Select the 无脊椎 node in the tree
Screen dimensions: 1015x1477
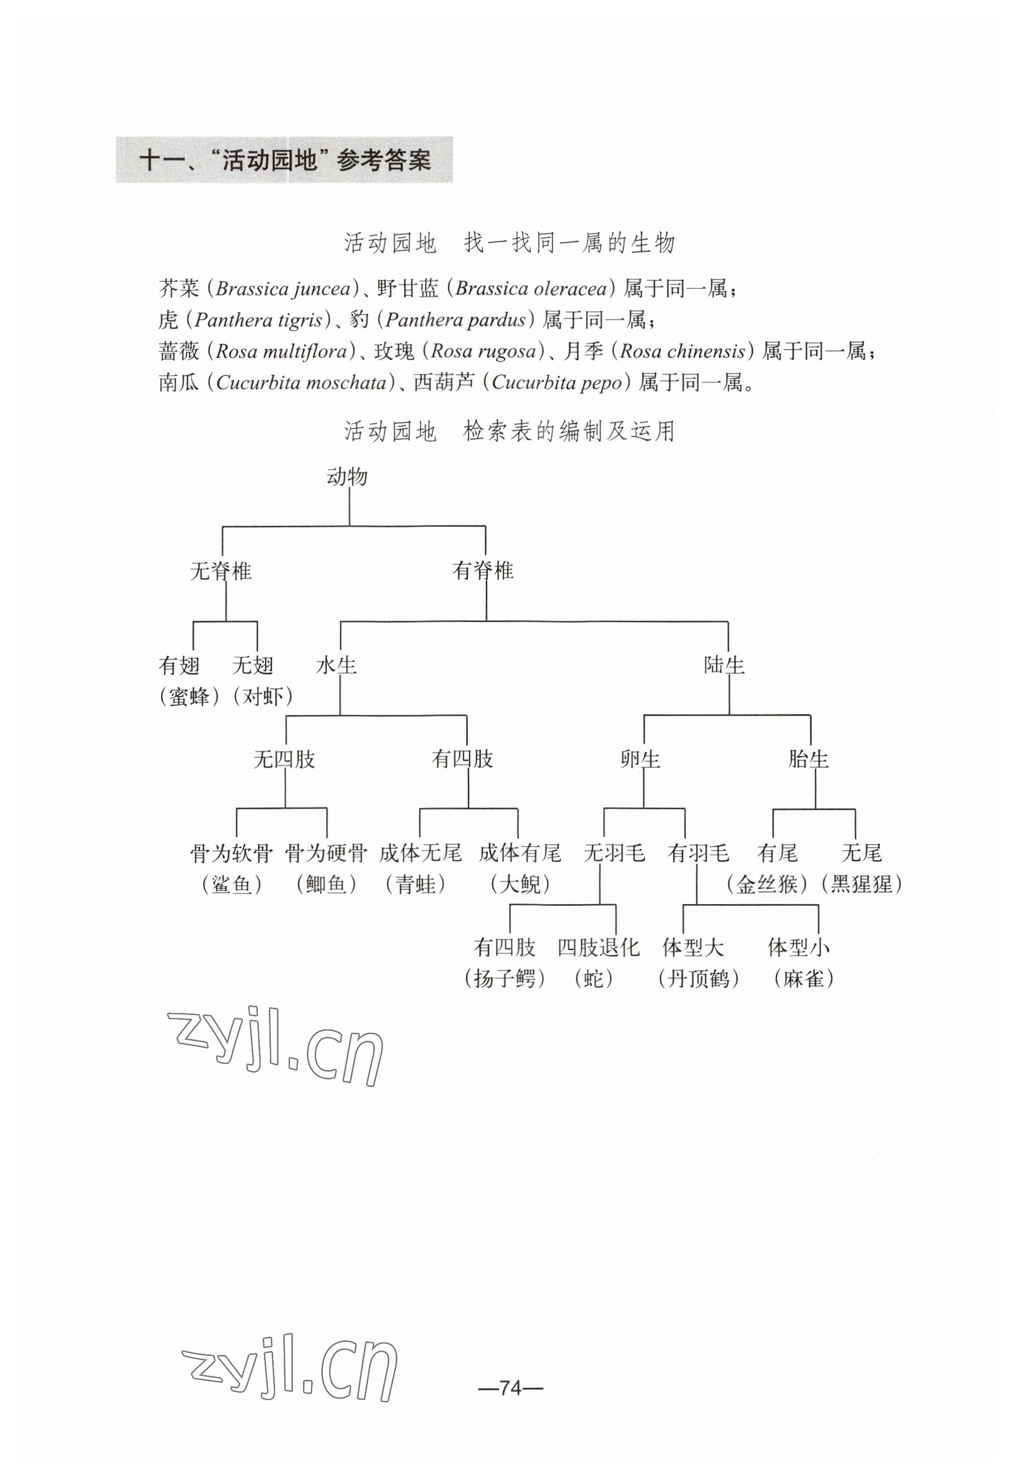pyautogui.click(x=221, y=571)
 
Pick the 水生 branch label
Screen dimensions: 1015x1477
pyautogui.click(x=336, y=665)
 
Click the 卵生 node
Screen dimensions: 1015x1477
pyautogui.click(x=640, y=759)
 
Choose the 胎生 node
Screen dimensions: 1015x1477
pyautogui.click(x=808, y=759)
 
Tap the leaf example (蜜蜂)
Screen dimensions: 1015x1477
pyautogui.click(x=190, y=697)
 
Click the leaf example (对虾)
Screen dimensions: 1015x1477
pyautogui.click(x=263, y=697)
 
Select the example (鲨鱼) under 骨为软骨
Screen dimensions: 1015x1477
pyautogui.click(x=231, y=885)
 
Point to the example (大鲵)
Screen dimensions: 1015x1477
pyautogui.click(x=520, y=885)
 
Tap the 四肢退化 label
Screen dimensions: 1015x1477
pyautogui.click(x=598, y=948)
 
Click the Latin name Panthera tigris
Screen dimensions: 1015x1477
pyautogui.click(x=258, y=320)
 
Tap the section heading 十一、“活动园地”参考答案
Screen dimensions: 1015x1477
pyautogui.click(x=284, y=160)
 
